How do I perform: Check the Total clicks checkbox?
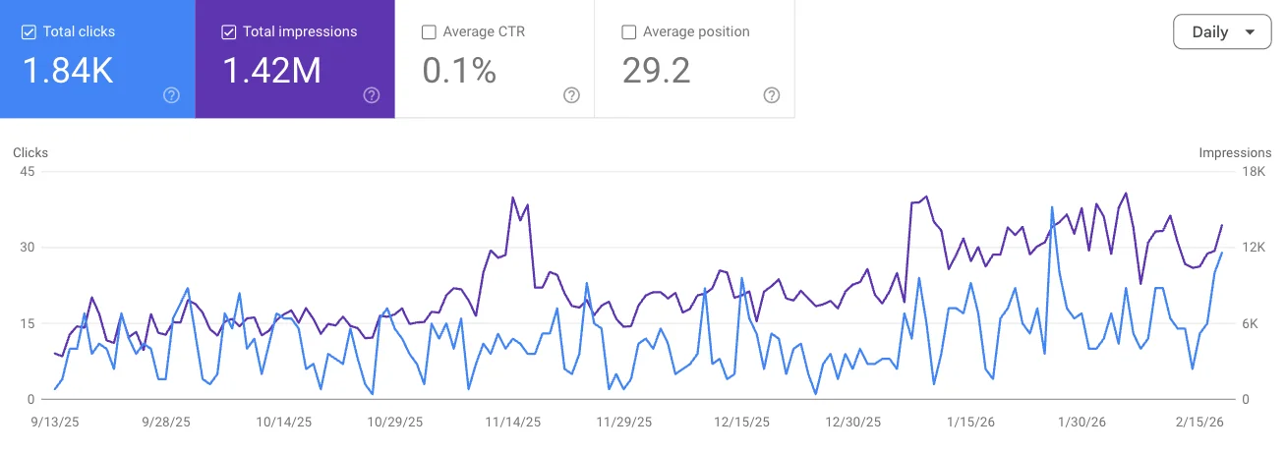(29, 32)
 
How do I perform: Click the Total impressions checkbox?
(229, 32)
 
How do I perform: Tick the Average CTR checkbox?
(429, 32)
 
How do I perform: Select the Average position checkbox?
(629, 32)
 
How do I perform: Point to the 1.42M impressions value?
(271, 71)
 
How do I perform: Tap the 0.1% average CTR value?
(459, 71)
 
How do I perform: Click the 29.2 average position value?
(657, 71)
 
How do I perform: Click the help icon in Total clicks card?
(172, 95)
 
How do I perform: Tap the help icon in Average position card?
(772, 95)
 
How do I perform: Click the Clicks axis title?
(30, 153)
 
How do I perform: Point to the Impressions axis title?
(1235, 153)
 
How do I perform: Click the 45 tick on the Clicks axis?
(27, 172)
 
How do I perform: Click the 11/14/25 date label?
(512, 422)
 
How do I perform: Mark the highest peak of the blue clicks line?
(1052, 207)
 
